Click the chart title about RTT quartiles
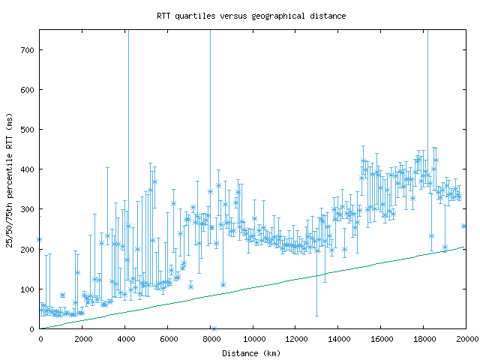coord(240,16)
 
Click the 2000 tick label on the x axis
coord(82,339)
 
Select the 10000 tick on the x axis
coord(253,339)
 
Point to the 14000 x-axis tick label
coord(339,339)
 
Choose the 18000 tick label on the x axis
coord(424,339)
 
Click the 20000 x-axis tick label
coord(465,339)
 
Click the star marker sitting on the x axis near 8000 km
coord(214,328)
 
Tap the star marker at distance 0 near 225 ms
coord(40,239)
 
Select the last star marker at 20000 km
coord(464,226)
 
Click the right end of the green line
coord(466,247)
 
